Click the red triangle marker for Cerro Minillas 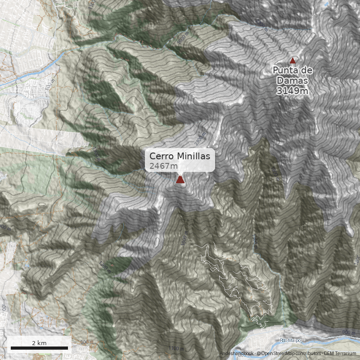(x=180, y=180)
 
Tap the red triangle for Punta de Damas (x=292, y=60)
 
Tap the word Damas (x=292, y=81)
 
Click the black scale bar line (x=39, y=348)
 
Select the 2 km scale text (x=39, y=343)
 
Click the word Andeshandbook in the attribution (x=237, y=354)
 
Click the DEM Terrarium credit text (x=340, y=354)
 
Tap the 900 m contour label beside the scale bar (x=85, y=343)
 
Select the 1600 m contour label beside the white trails (x=184, y=238)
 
